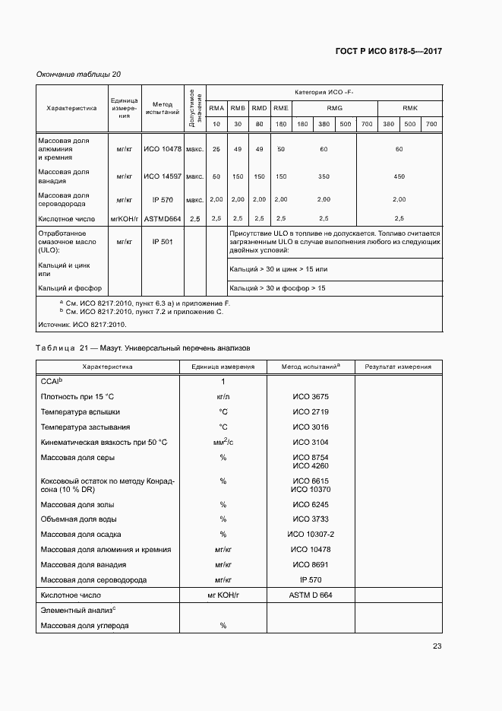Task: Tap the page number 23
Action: (437, 646)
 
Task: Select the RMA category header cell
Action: (216, 108)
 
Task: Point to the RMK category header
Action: (409, 108)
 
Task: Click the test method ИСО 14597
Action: (163, 176)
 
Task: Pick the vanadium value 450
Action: (399, 176)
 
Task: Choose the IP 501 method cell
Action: (163, 241)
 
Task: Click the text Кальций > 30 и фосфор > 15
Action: (277, 289)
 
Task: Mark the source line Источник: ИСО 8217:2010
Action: (81, 324)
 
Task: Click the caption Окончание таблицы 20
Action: (79, 74)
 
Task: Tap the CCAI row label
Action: (51, 381)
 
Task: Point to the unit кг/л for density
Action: (223, 396)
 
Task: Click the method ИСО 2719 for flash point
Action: (311, 411)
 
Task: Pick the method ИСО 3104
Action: (311, 442)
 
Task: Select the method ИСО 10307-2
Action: (311, 534)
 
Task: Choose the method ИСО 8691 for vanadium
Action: (311, 564)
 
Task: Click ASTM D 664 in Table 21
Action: (311, 595)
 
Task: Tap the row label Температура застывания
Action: (85, 427)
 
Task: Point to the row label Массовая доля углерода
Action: (84, 625)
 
